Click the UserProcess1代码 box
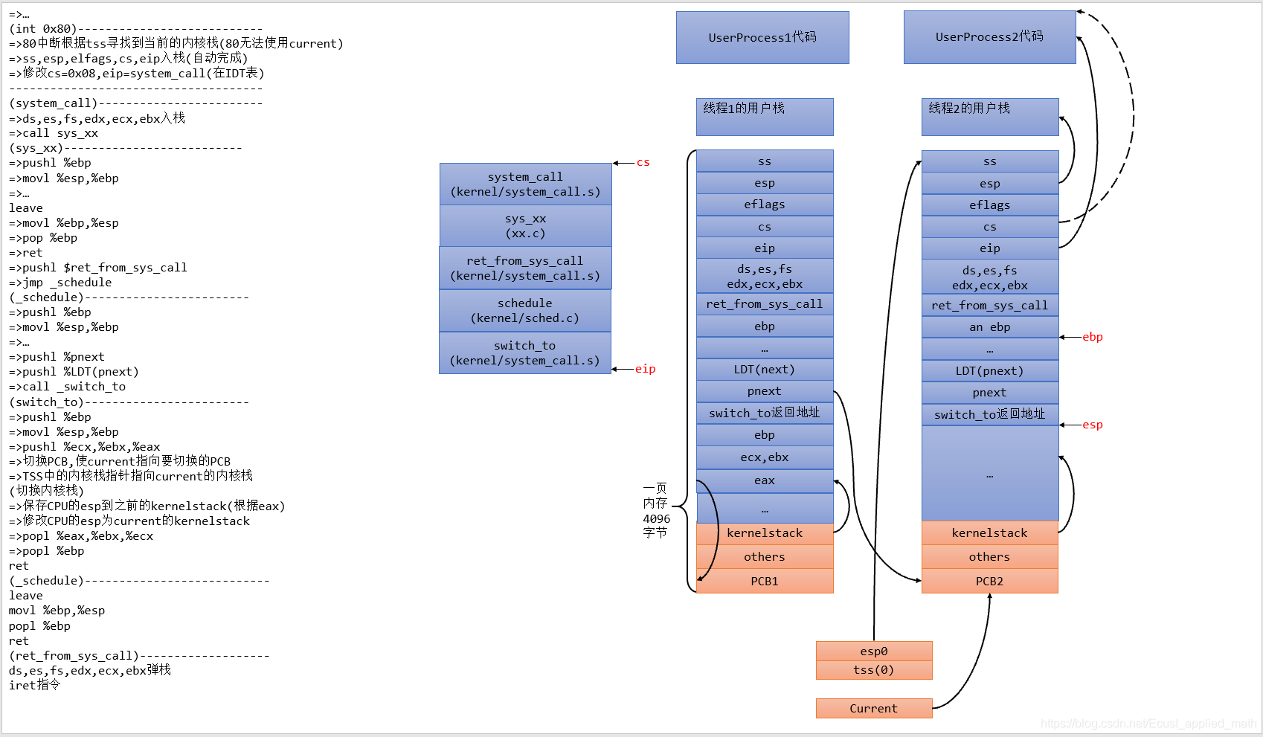pyautogui.click(x=762, y=37)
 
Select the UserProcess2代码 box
pyautogui.click(x=989, y=37)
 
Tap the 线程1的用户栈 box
pyautogui.click(x=765, y=117)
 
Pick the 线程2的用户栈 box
pyautogui.click(x=989, y=117)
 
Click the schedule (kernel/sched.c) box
pyautogui.click(x=525, y=311)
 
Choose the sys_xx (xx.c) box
pyautogui.click(x=525, y=226)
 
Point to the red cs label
pyautogui.click(x=643, y=163)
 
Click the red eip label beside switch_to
pyautogui.click(x=645, y=369)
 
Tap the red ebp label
pyautogui.click(x=1092, y=337)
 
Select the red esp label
pyautogui.click(x=1092, y=425)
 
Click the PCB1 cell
pyautogui.click(x=765, y=582)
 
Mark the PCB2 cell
pyautogui.click(x=989, y=582)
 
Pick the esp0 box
pyautogui.click(x=874, y=651)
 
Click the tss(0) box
pyautogui.click(x=874, y=670)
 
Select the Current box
pyautogui.click(x=874, y=709)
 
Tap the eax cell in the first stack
pyautogui.click(x=765, y=480)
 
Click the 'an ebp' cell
pyautogui.click(x=989, y=327)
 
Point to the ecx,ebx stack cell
pyautogui.click(x=765, y=457)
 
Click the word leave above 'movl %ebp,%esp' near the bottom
pyautogui.click(x=26, y=596)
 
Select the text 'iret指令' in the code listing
pyautogui.click(x=35, y=685)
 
